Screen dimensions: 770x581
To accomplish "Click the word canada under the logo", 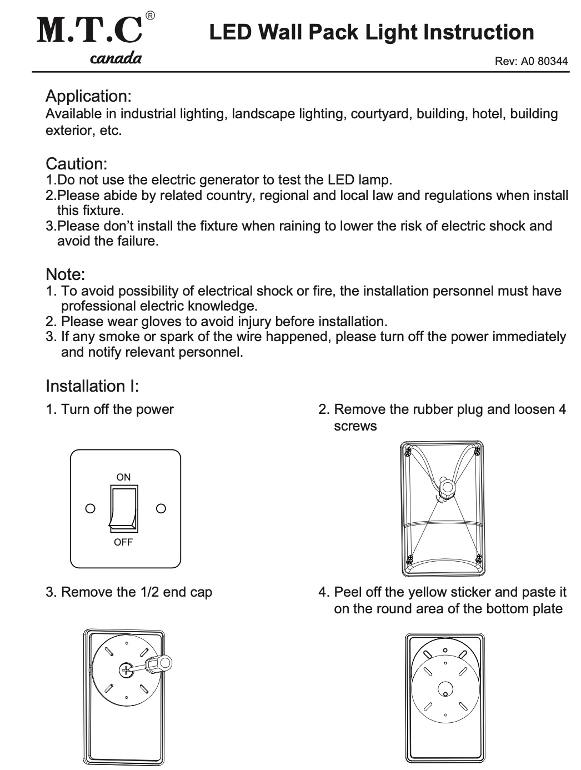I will coord(116,58).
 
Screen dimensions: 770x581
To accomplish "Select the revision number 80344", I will coord(553,62).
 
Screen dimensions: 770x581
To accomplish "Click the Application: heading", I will coord(88,96).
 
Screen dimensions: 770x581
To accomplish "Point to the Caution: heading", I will coord(76,164).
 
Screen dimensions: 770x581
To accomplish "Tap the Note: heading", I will coord(65,274).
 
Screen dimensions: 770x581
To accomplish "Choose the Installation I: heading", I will coord(92,386).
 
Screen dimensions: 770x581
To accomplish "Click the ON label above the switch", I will coord(123,477).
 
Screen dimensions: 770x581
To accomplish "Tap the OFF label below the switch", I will coord(123,542).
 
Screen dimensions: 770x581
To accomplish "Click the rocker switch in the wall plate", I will coord(123,508).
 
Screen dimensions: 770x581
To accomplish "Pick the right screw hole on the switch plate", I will coord(161,508).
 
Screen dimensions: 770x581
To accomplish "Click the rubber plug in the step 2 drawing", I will coord(445,487).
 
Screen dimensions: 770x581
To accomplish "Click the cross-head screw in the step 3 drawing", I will coord(127,670).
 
